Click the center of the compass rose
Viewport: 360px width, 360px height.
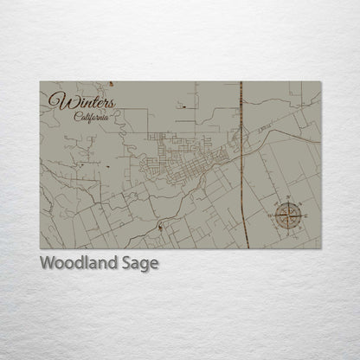pyautogui.click(x=289, y=212)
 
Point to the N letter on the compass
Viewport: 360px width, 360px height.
pyautogui.click(x=289, y=198)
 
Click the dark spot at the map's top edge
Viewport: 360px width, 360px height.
pyautogui.click(x=112, y=84)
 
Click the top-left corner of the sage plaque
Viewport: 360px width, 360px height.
pyautogui.click(x=41, y=82)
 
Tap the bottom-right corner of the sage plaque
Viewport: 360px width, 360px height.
pyautogui.click(x=320, y=247)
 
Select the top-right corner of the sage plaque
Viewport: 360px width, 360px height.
pyautogui.click(x=320, y=82)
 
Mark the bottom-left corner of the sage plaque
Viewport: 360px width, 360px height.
pyautogui.click(x=41, y=247)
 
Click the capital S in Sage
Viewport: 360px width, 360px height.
pyautogui.click(x=126, y=264)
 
